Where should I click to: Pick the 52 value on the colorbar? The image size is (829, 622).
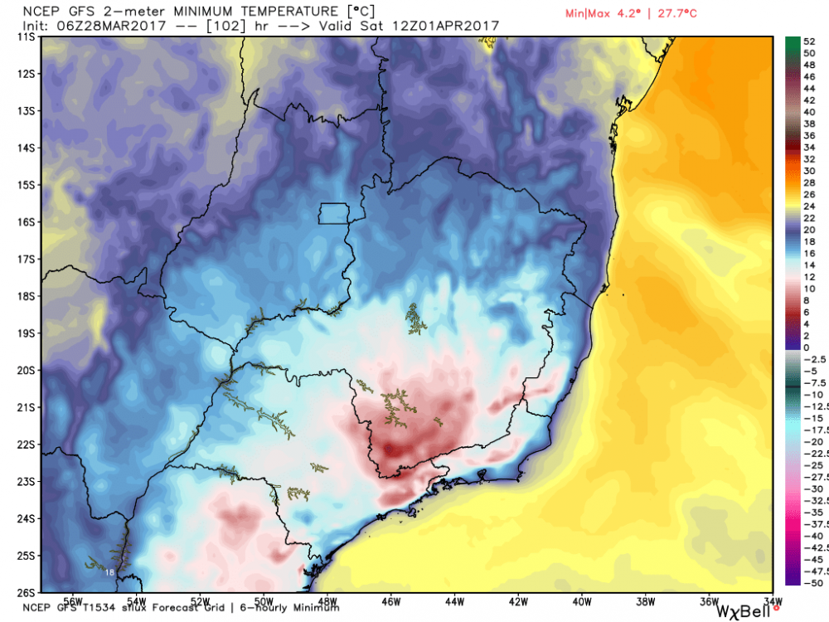807,41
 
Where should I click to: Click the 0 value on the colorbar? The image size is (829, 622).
806,347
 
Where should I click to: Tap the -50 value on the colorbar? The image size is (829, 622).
812,583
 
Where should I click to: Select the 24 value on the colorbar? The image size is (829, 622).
807,206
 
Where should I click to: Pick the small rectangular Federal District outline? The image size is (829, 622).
335,213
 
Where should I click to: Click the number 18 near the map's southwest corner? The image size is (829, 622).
110,572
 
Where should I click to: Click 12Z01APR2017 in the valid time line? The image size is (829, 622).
453,26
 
